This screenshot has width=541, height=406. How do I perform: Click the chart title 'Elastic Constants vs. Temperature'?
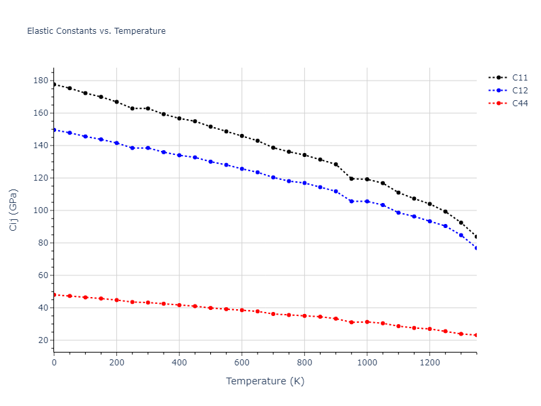click(x=96, y=31)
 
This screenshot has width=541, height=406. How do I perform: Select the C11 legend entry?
click(x=519, y=77)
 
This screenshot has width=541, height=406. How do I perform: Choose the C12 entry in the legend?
click(x=519, y=90)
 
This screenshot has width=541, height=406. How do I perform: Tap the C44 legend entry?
click(x=519, y=103)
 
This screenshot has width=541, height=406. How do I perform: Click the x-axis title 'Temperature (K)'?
click(x=265, y=381)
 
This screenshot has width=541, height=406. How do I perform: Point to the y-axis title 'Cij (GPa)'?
click(x=14, y=210)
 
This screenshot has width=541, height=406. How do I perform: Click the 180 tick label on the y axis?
click(x=41, y=81)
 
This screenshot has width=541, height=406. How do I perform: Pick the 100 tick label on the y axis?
click(x=41, y=210)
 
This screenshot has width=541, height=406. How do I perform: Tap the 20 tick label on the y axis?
click(x=43, y=340)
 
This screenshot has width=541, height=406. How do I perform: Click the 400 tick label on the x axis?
click(x=179, y=362)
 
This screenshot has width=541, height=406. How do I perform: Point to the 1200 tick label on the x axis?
click(x=429, y=362)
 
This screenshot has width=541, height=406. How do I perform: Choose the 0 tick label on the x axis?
click(x=54, y=362)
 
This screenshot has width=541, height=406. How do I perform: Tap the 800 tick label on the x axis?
click(x=304, y=362)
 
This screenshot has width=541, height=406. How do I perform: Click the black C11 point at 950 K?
click(x=352, y=179)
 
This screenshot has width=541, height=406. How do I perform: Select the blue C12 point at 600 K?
click(x=242, y=168)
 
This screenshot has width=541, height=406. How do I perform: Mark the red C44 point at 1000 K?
click(x=367, y=322)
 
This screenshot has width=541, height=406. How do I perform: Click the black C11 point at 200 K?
click(x=116, y=101)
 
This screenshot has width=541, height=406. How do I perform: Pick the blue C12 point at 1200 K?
click(x=430, y=221)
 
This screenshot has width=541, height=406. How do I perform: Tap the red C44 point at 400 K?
click(x=179, y=305)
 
